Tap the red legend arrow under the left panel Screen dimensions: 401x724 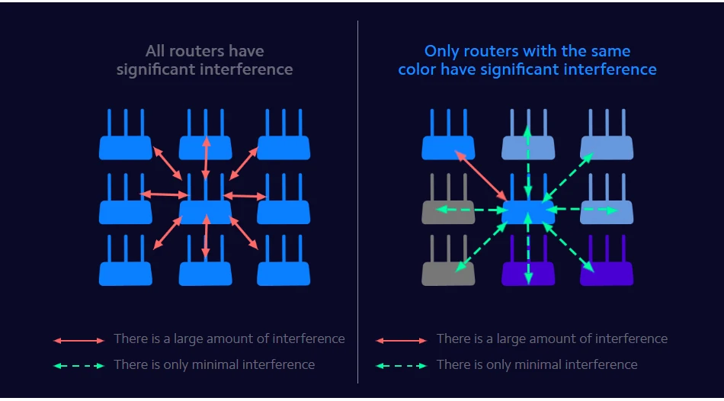(x=79, y=340)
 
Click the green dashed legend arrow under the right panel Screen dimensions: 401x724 (x=402, y=366)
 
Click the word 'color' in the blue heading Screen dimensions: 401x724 (x=419, y=69)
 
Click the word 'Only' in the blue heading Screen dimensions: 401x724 (x=444, y=52)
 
